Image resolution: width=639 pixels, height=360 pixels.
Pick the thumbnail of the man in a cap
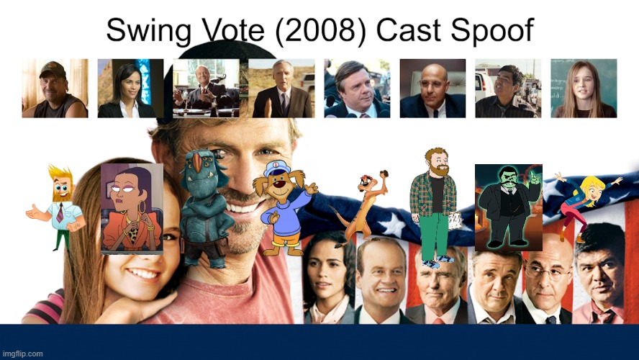pyautogui.click(x=55, y=88)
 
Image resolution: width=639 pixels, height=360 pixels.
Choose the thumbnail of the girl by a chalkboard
pyautogui.click(x=584, y=88)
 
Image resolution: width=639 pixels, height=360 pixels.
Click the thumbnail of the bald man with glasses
pyautogui.click(x=432, y=88)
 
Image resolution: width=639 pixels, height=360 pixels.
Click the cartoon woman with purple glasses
pyautogui.click(x=131, y=209)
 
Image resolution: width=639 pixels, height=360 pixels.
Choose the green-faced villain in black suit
pyautogui.click(x=507, y=205)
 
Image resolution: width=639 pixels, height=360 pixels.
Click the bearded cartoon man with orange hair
pyautogui.click(x=58, y=205)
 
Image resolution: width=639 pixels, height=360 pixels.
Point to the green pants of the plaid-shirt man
pyautogui.click(x=432, y=234)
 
